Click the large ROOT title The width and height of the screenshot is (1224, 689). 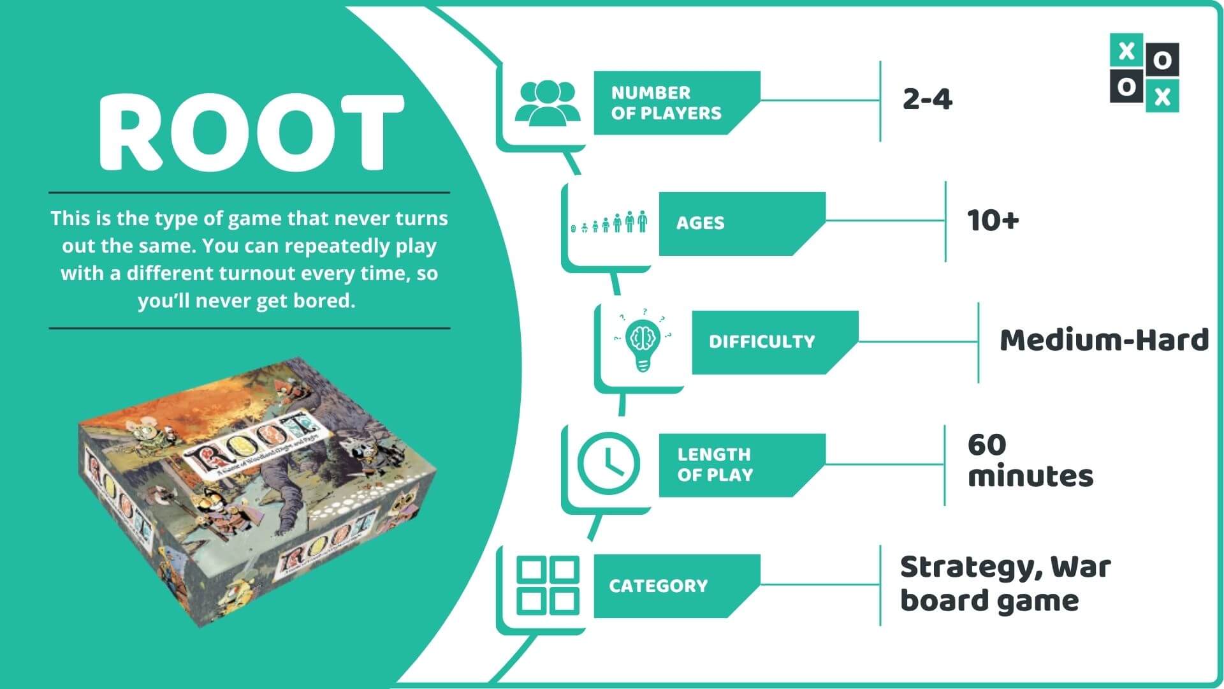click(251, 132)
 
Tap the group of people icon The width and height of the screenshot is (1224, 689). click(547, 102)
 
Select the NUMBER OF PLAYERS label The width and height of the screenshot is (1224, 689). click(666, 103)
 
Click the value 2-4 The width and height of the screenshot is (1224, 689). click(927, 100)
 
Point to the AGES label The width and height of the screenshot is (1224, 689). click(700, 223)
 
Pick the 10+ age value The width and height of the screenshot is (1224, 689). click(993, 221)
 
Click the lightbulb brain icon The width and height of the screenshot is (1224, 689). click(643, 341)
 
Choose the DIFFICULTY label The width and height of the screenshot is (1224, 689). click(761, 341)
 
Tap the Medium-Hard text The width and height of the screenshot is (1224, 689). click(1104, 340)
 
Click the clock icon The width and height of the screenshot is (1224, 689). click(608, 463)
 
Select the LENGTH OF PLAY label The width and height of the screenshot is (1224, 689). click(715, 464)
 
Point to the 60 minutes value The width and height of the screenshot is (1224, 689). click(1030, 461)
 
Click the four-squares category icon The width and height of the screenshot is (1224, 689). click(547, 586)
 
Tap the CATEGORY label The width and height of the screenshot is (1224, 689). click(658, 586)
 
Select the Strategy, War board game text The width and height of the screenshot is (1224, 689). click(1005, 584)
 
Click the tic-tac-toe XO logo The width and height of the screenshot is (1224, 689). click(1144, 73)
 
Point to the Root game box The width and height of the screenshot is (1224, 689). click(258, 491)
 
